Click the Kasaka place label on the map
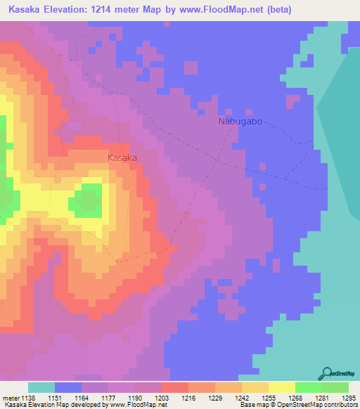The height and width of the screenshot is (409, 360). click(122, 158)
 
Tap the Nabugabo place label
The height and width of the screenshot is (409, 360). click(240, 122)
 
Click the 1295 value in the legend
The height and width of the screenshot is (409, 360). click(349, 398)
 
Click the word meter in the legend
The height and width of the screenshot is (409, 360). click(13, 398)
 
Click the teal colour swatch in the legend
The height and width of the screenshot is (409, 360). click(41, 387)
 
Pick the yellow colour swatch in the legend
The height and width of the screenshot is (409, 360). click(281, 387)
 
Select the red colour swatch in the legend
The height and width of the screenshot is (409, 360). click(174, 387)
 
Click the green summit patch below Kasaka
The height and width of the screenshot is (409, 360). click(86, 200)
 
